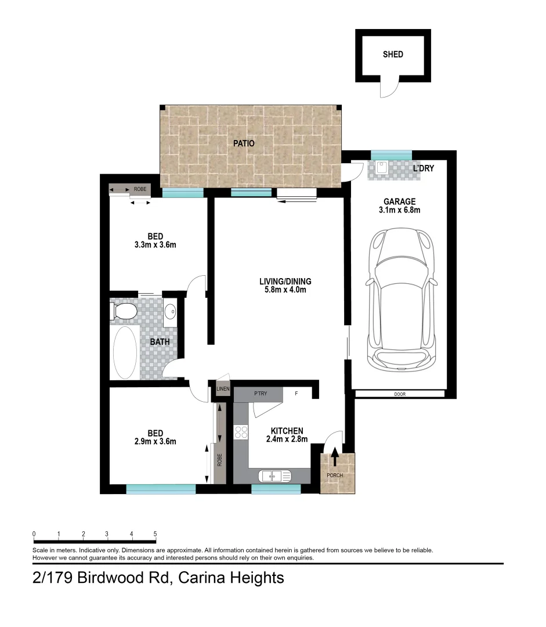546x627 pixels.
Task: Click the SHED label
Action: coord(393,55)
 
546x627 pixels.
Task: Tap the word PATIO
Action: coord(244,143)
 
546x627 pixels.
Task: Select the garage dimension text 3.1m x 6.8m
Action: coord(399,210)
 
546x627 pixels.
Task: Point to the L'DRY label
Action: coord(423,168)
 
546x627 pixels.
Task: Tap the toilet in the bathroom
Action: coord(124,312)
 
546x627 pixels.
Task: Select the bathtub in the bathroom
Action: coord(125,352)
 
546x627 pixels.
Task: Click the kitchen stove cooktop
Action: coord(241,433)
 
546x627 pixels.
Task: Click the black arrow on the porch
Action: coord(335,457)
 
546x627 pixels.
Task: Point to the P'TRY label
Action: coord(260,394)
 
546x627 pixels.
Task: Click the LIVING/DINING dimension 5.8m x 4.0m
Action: coord(283,290)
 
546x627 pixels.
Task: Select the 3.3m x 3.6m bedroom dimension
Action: coord(155,245)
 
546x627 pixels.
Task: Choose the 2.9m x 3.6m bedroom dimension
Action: coord(155,441)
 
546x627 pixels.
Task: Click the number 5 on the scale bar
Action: coord(155,534)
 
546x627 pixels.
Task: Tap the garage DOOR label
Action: coord(399,394)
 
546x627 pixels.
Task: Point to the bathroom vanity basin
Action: coord(170,312)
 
